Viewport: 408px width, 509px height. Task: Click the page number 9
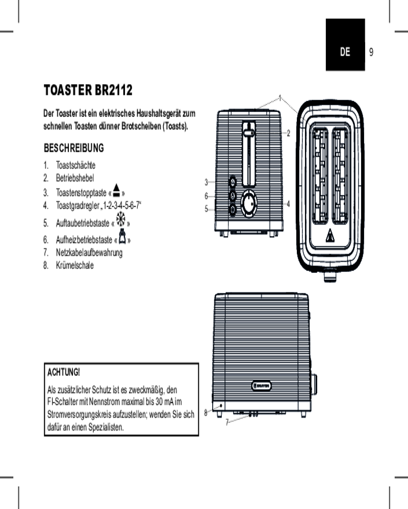(371, 52)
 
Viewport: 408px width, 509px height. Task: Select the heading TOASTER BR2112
(88, 91)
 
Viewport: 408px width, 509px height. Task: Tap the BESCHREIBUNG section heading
(74, 148)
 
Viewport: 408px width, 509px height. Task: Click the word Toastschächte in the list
(75, 165)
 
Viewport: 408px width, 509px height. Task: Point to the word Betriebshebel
(75, 178)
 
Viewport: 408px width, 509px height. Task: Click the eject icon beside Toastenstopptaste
(117, 191)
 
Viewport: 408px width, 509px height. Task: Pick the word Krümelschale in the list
(75, 265)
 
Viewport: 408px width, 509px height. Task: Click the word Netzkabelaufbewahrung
(89, 252)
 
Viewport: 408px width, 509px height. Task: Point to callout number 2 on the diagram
(288, 133)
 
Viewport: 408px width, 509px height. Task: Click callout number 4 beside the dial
(288, 204)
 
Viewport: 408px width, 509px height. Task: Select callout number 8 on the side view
(206, 413)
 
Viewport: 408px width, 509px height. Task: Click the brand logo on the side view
(262, 385)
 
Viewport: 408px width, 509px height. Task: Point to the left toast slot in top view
(319, 176)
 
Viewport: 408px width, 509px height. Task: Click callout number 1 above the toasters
(280, 97)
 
